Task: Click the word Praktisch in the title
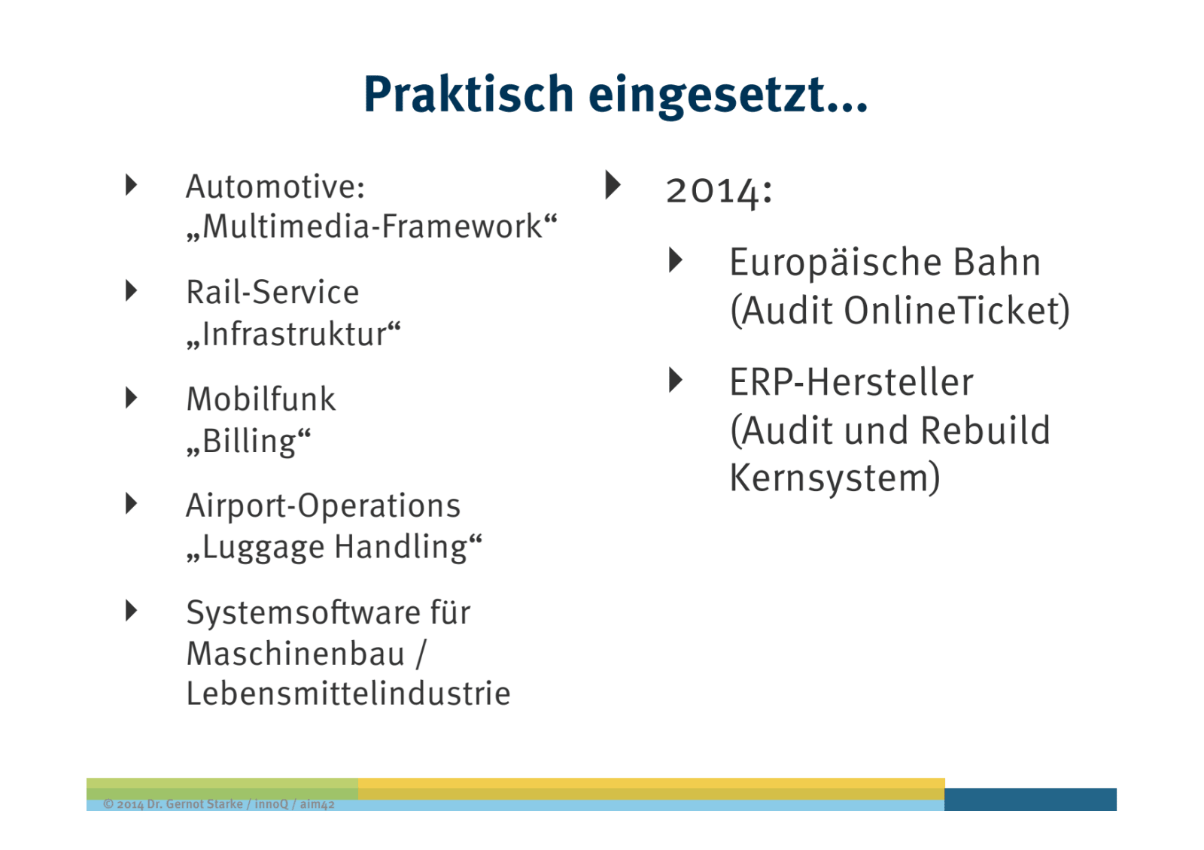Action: tap(469, 94)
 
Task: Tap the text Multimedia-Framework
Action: tap(372, 226)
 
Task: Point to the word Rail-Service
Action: tap(272, 293)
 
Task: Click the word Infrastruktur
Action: tap(293, 334)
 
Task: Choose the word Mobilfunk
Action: tap(261, 399)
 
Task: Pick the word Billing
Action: tap(248, 442)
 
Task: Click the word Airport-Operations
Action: tap(323, 506)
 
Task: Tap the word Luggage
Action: tap(263, 548)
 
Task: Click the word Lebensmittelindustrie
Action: tap(348, 693)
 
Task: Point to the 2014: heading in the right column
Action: tap(719, 191)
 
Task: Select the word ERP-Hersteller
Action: tap(851, 382)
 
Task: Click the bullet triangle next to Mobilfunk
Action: tap(131, 398)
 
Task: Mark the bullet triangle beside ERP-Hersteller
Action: tap(676, 380)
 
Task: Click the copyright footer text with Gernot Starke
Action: tap(219, 804)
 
